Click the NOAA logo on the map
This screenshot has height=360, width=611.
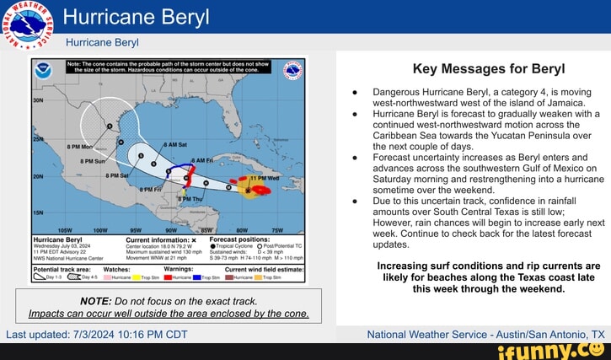pyautogui.click(x=44, y=71)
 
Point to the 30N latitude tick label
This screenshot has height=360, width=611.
pyautogui.click(x=37, y=99)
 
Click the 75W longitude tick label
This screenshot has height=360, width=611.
pyautogui.click(x=276, y=229)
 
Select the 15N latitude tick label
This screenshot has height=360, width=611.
pyautogui.click(x=37, y=214)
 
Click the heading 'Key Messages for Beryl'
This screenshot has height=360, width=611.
pyautogui.click(x=476, y=69)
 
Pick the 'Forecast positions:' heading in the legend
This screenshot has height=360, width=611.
pyautogui.click(x=238, y=239)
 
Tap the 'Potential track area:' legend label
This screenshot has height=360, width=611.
pyautogui.click(x=67, y=269)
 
